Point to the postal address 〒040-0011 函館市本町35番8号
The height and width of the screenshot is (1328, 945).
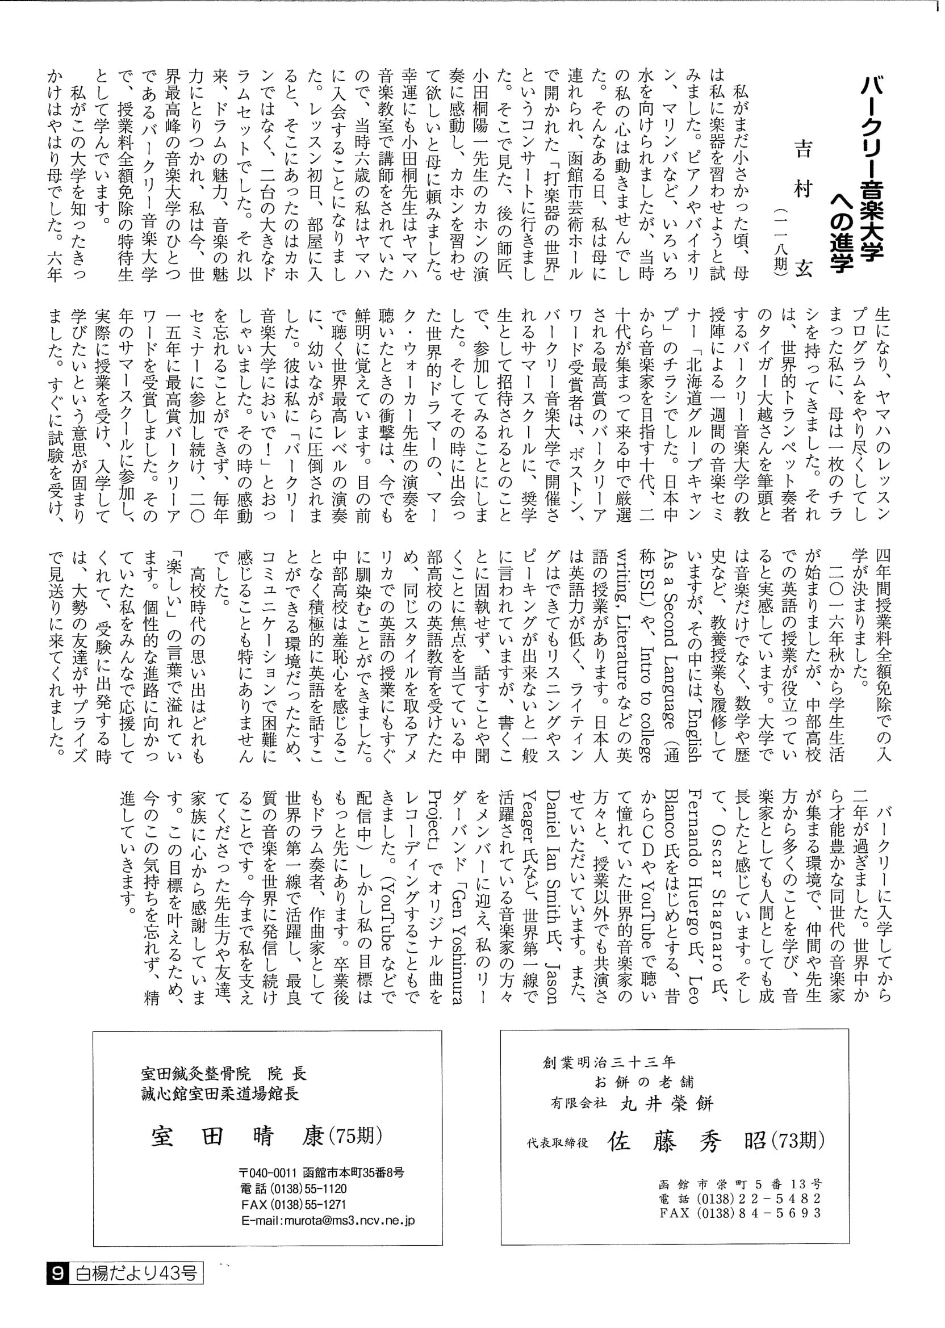click(x=321, y=1172)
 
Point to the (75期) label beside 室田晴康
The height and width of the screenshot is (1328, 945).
click(x=356, y=1135)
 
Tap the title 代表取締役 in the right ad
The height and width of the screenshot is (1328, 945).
click(x=558, y=1143)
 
